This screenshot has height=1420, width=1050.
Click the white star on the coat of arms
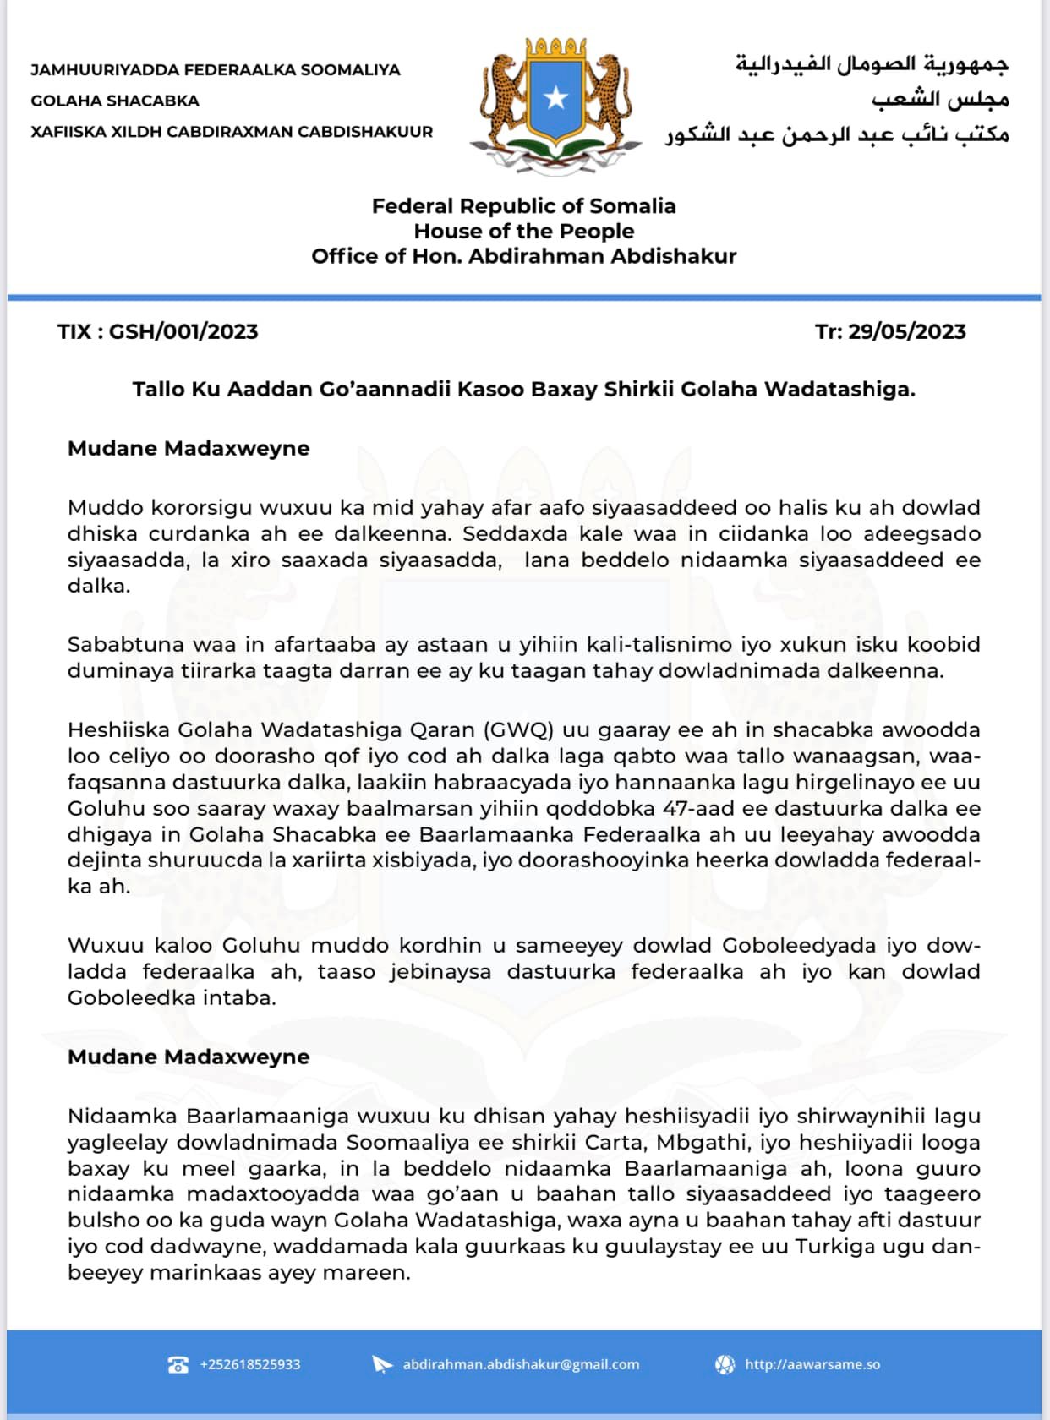tap(555, 98)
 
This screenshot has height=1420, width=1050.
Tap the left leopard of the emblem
tap(502, 97)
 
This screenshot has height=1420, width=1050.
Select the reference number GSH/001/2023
tap(183, 331)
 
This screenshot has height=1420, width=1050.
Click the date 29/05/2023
tap(907, 331)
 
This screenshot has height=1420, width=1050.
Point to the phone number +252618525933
tap(250, 1364)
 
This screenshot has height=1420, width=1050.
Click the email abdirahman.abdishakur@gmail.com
tap(521, 1364)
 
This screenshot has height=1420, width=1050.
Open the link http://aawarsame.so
tap(812, 1364)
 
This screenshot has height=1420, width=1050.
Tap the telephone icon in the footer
tap(178, 1364)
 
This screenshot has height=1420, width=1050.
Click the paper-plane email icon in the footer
tap(383, 1364)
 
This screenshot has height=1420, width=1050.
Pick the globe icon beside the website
tap(725, 1364)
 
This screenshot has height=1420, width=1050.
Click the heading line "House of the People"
tap(523, 231)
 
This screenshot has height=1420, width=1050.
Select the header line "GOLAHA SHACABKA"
tap(115, 101)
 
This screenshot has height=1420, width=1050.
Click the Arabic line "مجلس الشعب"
tap(940, 99)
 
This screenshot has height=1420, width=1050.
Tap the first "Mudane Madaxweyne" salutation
tap(189, 448)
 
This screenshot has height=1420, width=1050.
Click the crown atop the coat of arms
tap(555, 46)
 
